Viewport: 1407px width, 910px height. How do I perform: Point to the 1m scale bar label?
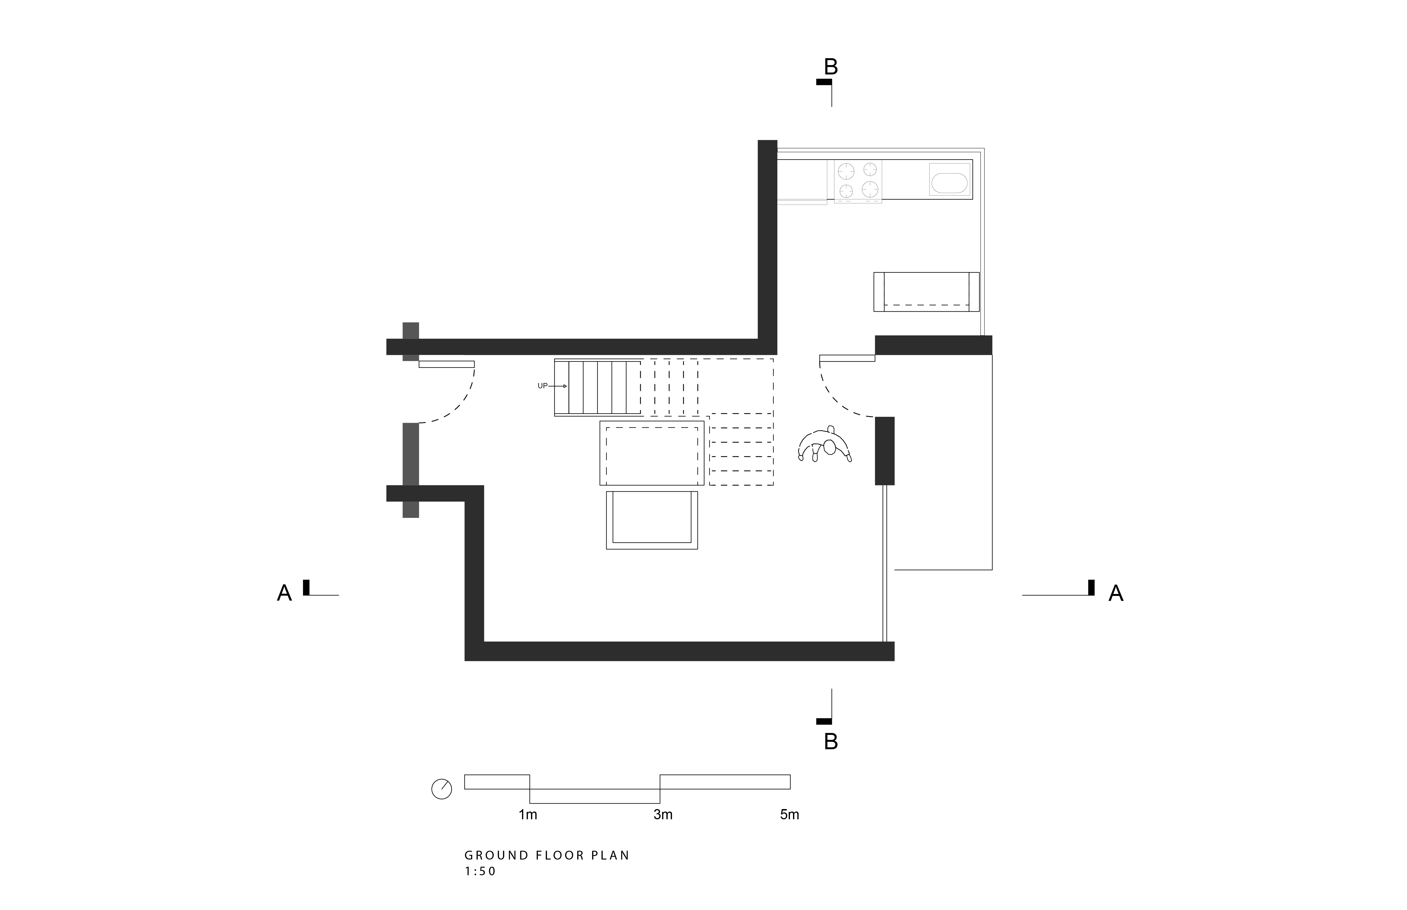(528, 815)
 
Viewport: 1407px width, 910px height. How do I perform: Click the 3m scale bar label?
(663, 815)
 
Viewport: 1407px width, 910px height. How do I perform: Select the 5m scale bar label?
(789, 815)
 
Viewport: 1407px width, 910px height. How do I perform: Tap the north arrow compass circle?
(442, 789)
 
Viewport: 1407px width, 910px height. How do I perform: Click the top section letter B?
(831, 67)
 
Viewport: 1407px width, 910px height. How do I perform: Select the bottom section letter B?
(831, 742)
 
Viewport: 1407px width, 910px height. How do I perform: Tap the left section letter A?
(284, 593)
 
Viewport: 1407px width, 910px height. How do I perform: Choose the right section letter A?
(1116, 593)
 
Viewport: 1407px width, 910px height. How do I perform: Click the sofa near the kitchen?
(926, 291)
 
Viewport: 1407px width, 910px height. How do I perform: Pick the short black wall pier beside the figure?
(885, 451)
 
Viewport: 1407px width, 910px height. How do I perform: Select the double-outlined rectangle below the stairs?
(652, 520)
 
